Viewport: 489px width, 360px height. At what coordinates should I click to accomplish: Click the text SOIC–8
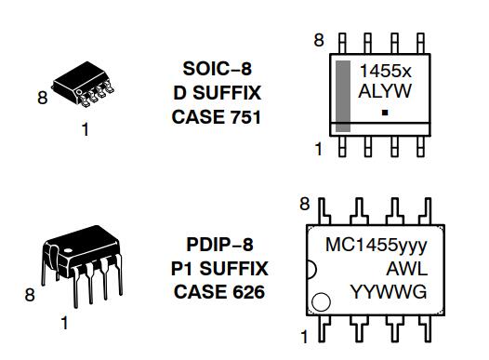point(217,69)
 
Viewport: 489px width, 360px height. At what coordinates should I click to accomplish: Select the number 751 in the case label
point(245,117)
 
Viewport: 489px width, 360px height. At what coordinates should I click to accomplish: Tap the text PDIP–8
point(219,245)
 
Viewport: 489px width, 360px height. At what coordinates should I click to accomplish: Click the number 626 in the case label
point(248,292)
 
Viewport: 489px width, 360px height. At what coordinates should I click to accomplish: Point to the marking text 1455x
point(386,71)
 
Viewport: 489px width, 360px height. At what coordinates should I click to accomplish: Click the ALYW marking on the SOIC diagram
point(385,91)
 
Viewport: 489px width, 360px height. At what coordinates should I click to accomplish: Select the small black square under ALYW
point(385,113)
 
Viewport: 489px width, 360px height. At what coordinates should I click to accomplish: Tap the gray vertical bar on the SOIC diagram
point(343,96)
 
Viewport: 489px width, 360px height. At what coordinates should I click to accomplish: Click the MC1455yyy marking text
point(377,246)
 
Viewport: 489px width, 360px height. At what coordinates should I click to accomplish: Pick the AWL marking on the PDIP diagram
point(406,269)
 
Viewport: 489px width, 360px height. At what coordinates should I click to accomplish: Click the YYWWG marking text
point(389,292)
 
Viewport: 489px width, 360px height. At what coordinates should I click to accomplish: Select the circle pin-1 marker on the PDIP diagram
point(321,302)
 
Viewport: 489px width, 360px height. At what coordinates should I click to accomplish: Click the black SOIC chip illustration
point(84,84)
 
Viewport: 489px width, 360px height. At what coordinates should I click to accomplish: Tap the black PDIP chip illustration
point(82,266)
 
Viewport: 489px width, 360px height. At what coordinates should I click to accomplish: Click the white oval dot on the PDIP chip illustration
point(68,250)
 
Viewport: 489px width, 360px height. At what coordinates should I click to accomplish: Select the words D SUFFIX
point(217,93)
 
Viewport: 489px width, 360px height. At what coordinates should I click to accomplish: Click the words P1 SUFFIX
point(219,268)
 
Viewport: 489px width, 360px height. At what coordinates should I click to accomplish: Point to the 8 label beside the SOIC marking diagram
point(319,40)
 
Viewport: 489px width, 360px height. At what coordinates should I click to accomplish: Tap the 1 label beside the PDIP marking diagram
point(304,337)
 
